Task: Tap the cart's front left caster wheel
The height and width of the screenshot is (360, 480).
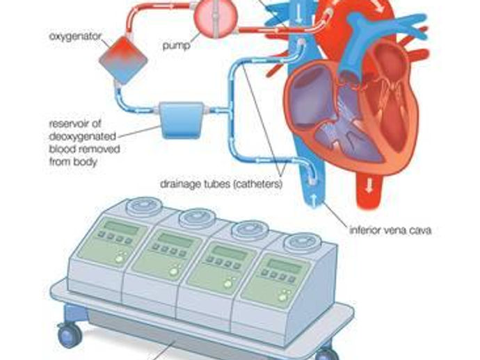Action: pyautogui.click(x=68, y=336)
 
